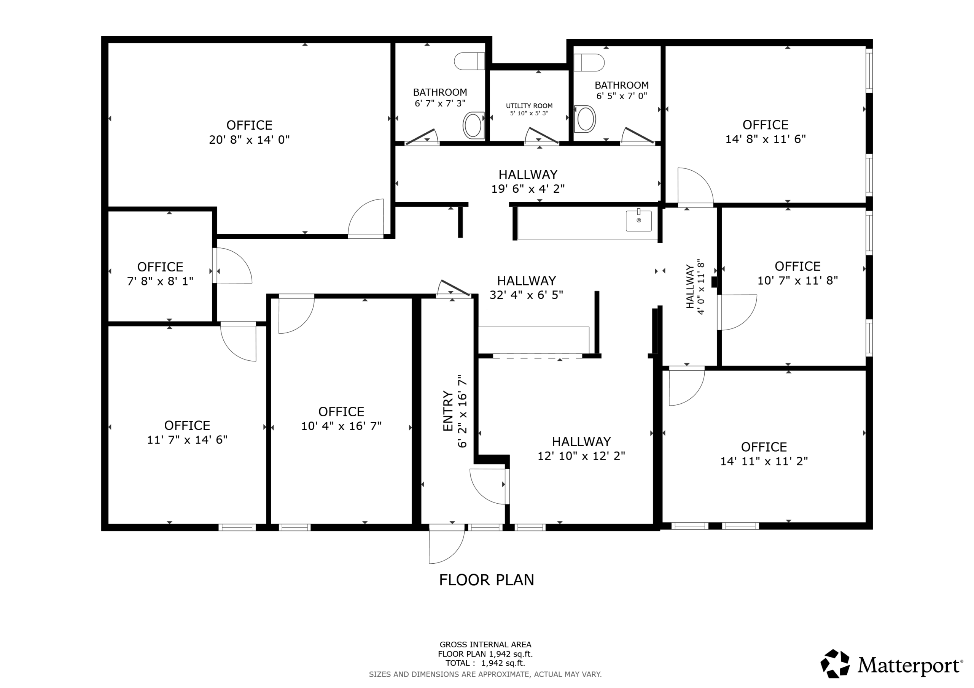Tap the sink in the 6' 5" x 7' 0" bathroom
click(586, 119)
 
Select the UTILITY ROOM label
click(529, 106)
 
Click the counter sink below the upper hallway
click(638, 220)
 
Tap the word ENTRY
click(448, 411)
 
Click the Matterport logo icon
click(835, 663)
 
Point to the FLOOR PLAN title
click(486, 580)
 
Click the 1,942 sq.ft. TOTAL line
click(485, 663)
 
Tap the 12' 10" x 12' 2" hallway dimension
click(581, 456)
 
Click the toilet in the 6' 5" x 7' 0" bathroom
click(589, 63)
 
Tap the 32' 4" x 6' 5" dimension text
click(526, 295)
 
